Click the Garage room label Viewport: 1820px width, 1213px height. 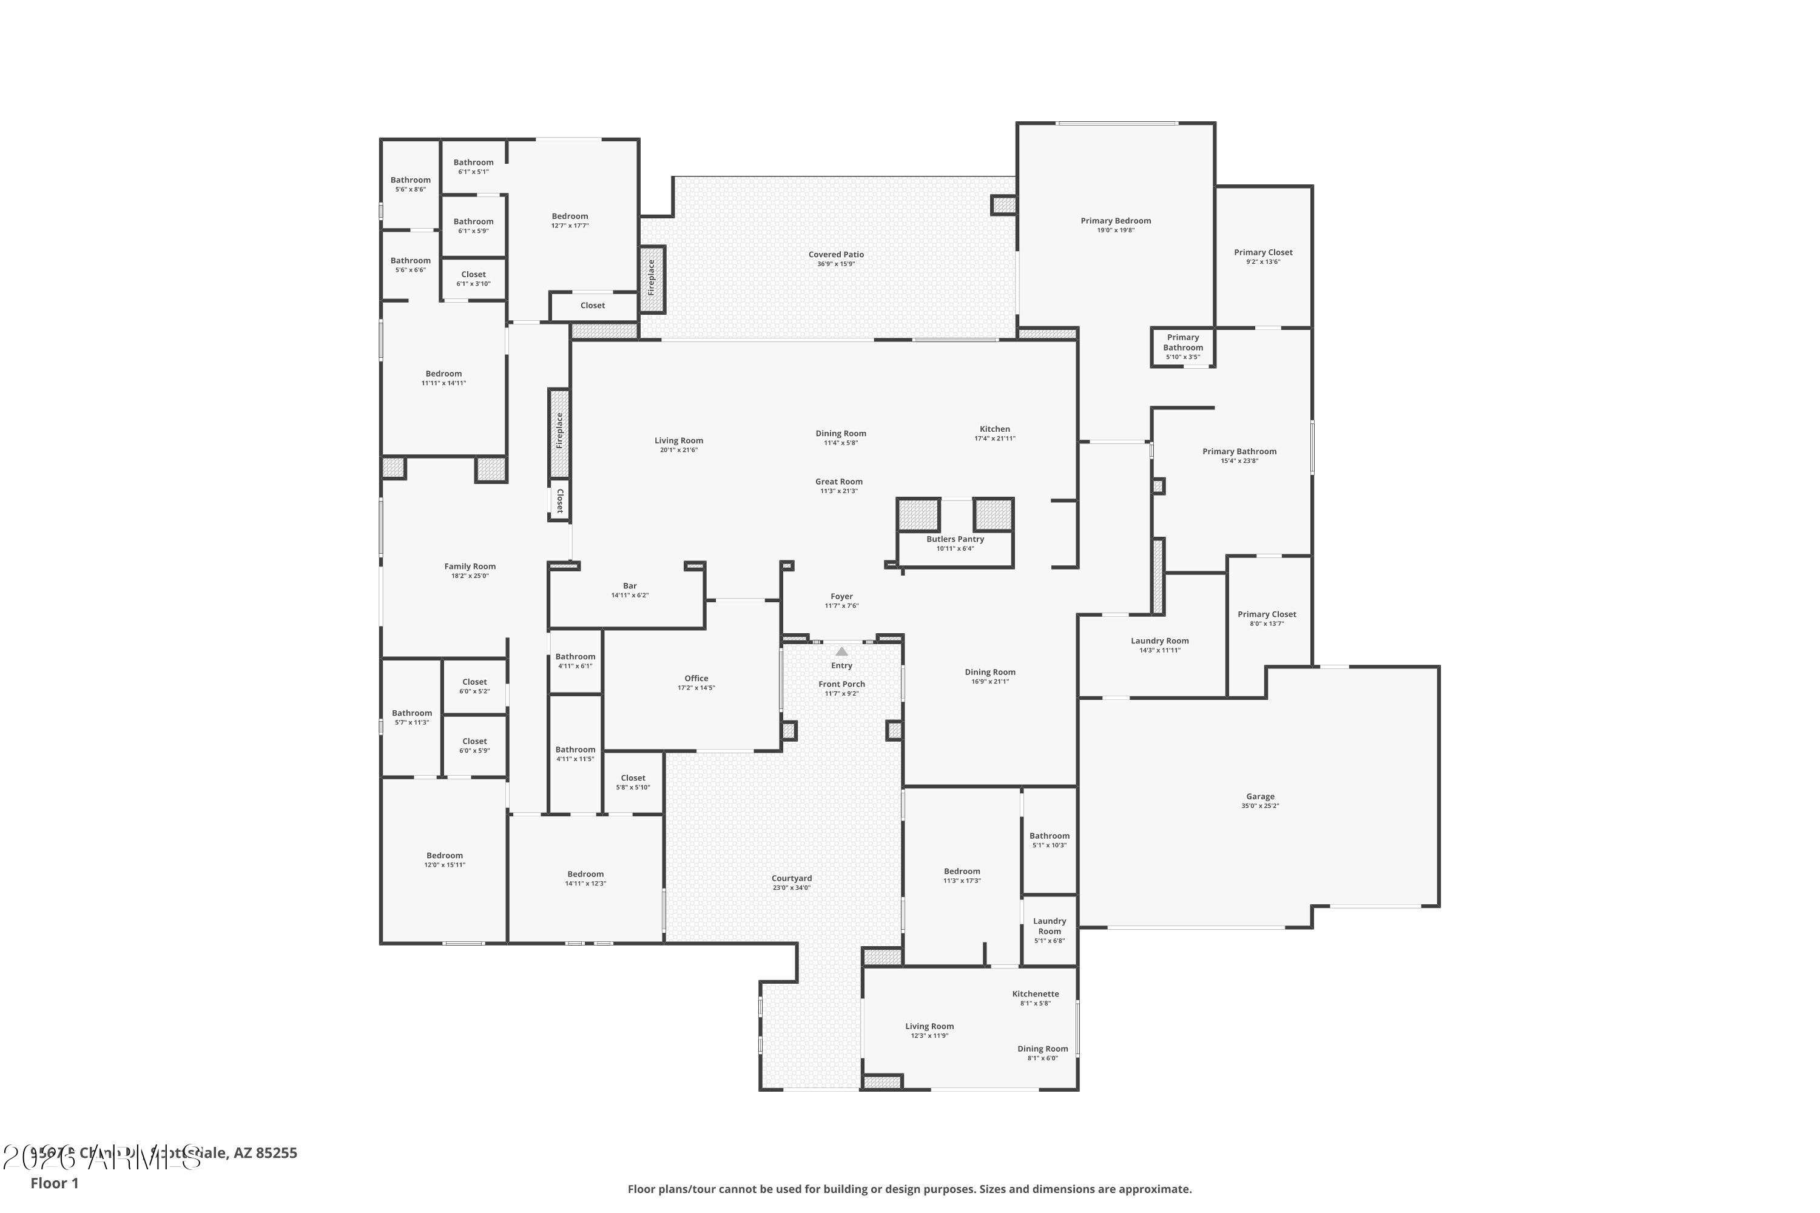pyautogui.click(x=1260, y=796)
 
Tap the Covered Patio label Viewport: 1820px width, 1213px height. pyautogui.click(x=836, y=255)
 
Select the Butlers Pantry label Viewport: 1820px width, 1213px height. pyautogui.click(x=955, y=539)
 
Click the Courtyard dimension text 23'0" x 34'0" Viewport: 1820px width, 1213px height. pyautogui.click(x=791, y=887)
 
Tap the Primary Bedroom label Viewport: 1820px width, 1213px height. pyautogui.click(x=1115, y=221)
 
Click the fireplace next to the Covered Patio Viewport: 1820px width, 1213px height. pyautogui.click(x=652, y=278)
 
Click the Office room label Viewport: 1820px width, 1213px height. pyautogui.click(x=696, y=679)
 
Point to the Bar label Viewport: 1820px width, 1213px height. pyautogui.click(x=630, y=586)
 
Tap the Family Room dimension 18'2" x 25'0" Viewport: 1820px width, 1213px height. pyautogui.click(x=470, y=576)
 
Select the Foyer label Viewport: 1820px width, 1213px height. pyautogui.click(x=841, y=596)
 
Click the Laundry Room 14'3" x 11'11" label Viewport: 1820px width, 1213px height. pyautogui.click(x=1159, y=640)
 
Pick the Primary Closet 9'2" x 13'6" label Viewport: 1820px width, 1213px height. pyautogui.click(x=1263, y=252)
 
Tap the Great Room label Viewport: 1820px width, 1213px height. pyautogui.click(x=838, y=481)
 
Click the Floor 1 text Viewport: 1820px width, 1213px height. pyautogui.click(x=54, y=1183)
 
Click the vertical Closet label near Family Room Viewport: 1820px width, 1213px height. pyautogui.click(x=560, y=500)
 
